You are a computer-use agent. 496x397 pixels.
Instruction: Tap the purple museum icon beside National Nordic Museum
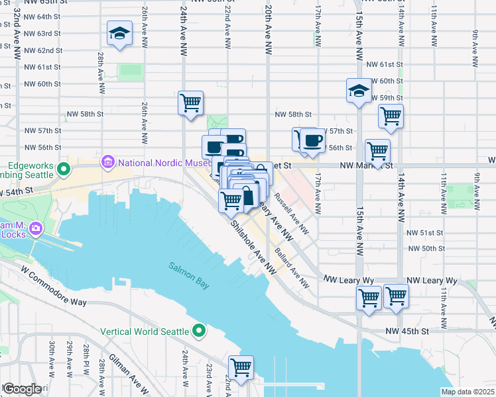click(107, 162)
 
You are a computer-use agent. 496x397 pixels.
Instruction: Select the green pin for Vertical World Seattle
click(199, 331)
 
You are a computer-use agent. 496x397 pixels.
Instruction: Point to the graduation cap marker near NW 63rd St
click(119, 34)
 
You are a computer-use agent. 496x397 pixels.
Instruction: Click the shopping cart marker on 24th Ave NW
click(190, 103)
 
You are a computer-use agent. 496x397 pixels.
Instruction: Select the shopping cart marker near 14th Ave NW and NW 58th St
click(391, 116)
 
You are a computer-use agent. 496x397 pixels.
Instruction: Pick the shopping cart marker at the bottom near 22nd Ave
click(241, 367)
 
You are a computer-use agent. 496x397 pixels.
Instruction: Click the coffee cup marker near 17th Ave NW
click(312, 140)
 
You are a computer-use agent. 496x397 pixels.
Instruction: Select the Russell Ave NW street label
click(291, 213)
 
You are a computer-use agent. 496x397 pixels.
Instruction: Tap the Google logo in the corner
click(23, 389)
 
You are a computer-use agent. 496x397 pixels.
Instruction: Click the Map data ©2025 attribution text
click(467, 392)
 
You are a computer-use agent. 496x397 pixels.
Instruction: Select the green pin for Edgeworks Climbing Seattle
click(64, 169)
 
